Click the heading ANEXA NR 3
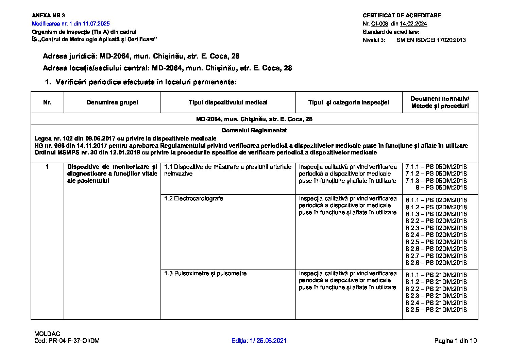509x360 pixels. coord(48,15)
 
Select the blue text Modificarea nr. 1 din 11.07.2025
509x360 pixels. coord(71,23)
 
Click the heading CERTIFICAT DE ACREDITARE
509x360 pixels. coord(402,15)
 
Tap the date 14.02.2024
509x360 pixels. coord(413,23)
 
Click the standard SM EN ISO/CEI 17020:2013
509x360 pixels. coord(431,40)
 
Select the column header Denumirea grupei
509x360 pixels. coord(112,102)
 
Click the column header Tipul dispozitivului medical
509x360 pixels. coord(228,102)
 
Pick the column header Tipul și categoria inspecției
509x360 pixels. coord(349,102)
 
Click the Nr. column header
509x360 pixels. coord(47,102)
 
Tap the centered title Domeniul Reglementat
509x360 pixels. coord(254,130)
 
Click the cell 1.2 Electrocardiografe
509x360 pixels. coord(193,198)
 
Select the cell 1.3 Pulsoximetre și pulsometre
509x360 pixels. coord(205,273)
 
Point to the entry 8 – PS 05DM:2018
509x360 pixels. coord(441,187)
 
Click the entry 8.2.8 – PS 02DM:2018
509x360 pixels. coord(436,263)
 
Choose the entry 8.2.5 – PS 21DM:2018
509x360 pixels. coord(436,310)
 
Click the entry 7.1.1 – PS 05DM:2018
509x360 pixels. coord(436,167)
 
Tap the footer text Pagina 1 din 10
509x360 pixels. coord(455,341)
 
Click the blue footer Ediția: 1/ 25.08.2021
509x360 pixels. coord(259,341)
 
